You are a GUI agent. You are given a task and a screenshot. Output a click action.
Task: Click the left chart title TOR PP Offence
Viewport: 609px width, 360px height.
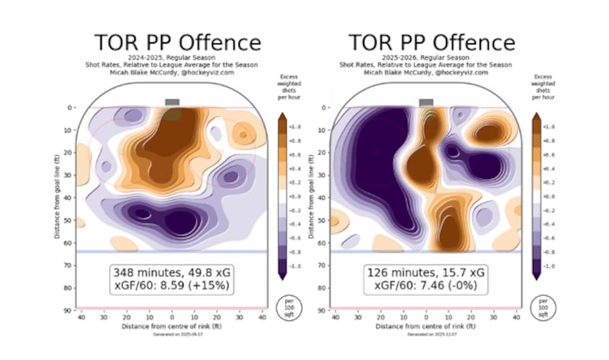pyautogui.click(x=177, y=43)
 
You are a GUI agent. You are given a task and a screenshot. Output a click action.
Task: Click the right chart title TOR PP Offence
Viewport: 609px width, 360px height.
pyautogui.click(x=431, y=43)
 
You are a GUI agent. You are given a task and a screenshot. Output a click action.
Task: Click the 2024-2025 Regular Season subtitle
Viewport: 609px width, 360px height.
pyautogui.click(x=177, y=57)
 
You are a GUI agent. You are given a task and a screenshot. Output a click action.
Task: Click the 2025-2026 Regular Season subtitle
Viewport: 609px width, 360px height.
pyautogui.click(x=431, y=57)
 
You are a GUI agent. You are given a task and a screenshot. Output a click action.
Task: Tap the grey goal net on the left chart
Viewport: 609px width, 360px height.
pyautogui.click(x=172, y=102)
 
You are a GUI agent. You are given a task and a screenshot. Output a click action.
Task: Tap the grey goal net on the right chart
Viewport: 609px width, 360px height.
pyautogui.click(x=426, y=102)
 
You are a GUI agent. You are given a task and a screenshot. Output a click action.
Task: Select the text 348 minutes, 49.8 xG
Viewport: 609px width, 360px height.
pyautogui.click(x=172, y=271)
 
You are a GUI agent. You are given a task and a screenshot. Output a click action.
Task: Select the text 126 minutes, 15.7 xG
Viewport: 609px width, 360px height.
pyautogui.click(x=426, y=271)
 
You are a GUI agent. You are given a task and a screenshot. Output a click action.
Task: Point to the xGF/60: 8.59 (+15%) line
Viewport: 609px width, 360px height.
pyautogui.click(x=172, y=285)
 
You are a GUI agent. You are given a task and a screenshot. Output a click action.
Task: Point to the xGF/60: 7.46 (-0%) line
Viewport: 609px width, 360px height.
pyautogui.click(x=426, y=285)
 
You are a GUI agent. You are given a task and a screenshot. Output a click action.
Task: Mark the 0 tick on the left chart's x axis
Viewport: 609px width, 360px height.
pyautogui.click(x=172, y=317)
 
